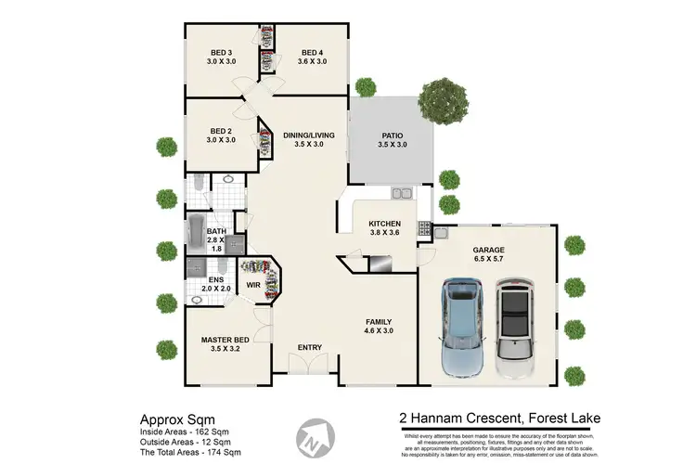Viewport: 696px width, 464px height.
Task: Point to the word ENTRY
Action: pyautogui.click(x=309, y=348)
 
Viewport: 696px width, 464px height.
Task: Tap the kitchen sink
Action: pyautogui.click(x=402, y=194)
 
